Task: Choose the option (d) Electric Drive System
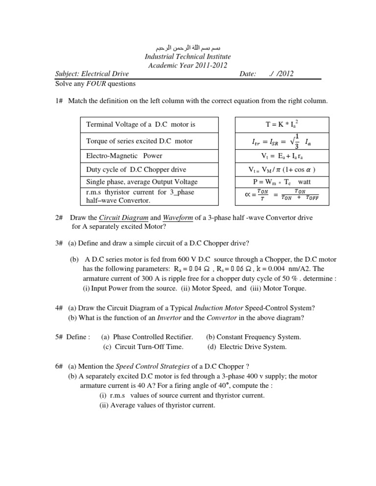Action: pyautogui.click(x=247, y=347)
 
